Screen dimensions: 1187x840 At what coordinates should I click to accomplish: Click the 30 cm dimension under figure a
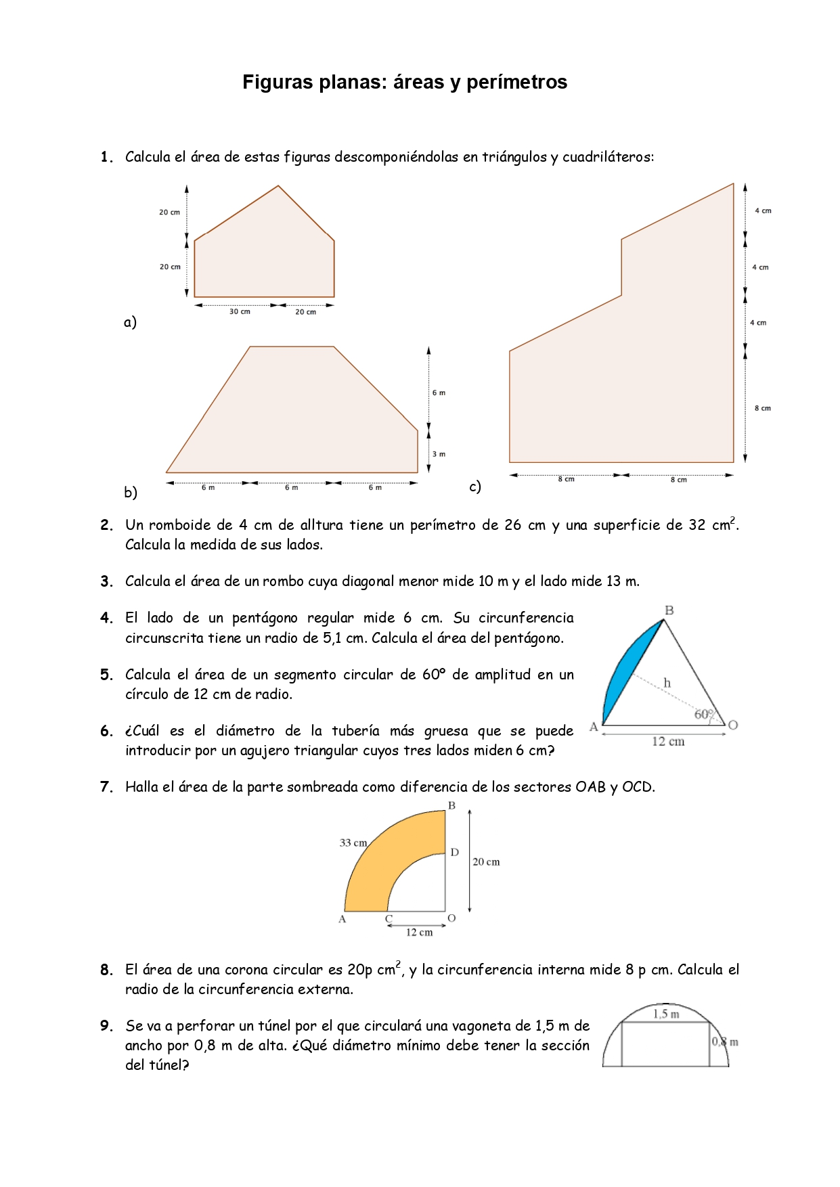click(x=240, y=312)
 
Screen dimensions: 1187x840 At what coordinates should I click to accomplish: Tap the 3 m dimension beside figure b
click(x=439, y=454)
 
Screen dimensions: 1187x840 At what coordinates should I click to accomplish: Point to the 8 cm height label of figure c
click(x=762, y=408)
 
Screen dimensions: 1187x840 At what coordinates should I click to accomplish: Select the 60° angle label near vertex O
click(x=704, y=714)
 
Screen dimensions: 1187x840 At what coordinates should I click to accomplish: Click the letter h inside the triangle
click(x=667, y=683)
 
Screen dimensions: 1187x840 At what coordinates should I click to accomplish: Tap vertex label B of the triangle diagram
click(x=669, y=610)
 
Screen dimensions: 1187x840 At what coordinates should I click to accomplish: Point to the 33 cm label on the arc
click(x=353, y=843)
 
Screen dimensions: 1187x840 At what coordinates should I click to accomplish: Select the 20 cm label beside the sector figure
click(x=486, y=861)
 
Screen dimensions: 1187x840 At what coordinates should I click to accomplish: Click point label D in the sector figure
click(x=455, y=852)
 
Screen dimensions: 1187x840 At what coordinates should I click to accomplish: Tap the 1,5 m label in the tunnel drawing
click(x=665, y=1014)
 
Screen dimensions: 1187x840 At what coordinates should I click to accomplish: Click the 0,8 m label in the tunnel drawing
click(x=724, y=1042)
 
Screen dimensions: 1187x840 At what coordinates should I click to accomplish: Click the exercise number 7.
click(x=106, y=787)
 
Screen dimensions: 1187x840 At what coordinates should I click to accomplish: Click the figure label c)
click(x=475, y=487)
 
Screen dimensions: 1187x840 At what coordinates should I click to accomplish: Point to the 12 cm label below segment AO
click(x=668, y=742)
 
